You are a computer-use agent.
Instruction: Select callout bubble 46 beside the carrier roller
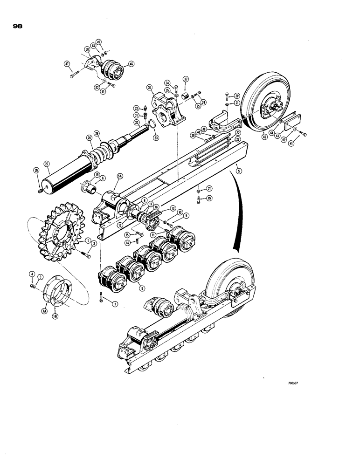131,65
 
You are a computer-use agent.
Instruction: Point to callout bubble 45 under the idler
264,136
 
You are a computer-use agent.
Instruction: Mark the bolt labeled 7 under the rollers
101,298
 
